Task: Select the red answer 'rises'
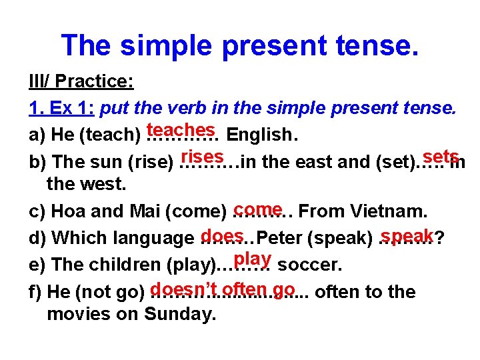pos(201,156)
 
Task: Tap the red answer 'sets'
pos(441,156)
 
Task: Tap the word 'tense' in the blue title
pos(376,45)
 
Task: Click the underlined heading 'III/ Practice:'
pos(81,82)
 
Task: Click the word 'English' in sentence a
pos(259,135)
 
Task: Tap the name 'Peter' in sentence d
pos(277,238)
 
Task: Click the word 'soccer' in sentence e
pos(309,265)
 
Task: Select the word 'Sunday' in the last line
pos(179,315)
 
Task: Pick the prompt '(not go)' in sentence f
pos(111,292)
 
